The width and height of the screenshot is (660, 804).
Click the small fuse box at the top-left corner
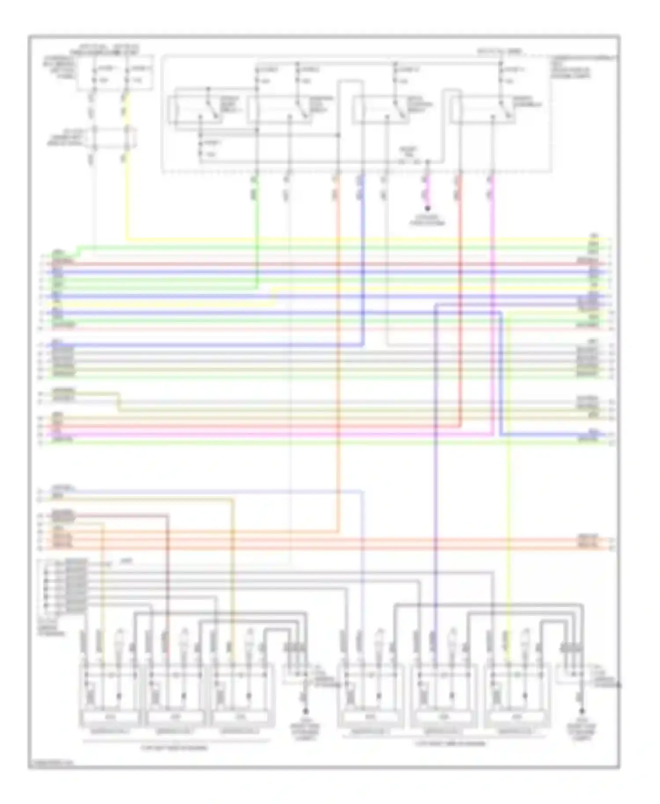coord(115,73)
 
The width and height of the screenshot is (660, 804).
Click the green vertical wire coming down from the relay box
coord(257,229)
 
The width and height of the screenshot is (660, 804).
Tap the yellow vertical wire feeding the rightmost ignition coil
coord(509,484)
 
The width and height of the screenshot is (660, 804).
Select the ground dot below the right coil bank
coord(581,711)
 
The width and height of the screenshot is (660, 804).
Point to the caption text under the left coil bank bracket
coord(174,747)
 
